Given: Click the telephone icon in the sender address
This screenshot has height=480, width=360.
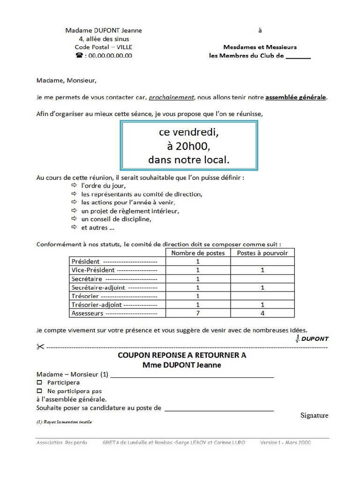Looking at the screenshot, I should [79, 55].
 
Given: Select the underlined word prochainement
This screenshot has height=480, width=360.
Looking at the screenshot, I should [171, 97].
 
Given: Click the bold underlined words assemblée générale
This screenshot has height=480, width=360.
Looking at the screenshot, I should [296, 97].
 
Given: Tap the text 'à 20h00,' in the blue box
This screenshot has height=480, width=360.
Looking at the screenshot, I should [189, 146].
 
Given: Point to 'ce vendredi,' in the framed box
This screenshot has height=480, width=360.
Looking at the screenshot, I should [189, 133].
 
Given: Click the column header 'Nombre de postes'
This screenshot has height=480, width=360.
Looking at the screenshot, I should [197, 253].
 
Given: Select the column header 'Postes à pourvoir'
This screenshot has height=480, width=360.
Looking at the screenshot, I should [262, 253].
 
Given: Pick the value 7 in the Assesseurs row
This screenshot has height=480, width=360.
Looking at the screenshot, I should [197, 313].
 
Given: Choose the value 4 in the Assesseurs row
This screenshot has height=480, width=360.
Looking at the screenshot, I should [262, 313].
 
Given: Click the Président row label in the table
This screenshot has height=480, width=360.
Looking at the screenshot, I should [85, 262].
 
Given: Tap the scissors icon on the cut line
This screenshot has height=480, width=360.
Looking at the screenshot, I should [39, 347].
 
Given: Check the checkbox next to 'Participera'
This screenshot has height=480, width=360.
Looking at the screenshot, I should [39, 382].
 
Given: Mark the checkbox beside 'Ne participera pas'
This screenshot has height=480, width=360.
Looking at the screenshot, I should [39, 391].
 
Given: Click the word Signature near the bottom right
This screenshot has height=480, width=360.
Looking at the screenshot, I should [314, 415].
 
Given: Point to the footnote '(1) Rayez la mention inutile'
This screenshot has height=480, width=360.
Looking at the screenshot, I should [64, 422].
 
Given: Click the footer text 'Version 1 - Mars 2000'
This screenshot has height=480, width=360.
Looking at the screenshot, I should [285, 442].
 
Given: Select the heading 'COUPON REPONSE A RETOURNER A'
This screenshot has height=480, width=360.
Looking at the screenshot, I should [181, 355].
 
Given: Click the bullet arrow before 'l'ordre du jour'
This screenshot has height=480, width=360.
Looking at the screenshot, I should [74, 186].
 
